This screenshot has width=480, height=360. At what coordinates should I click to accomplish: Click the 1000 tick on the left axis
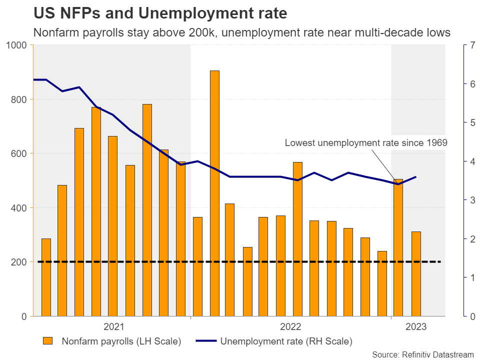[x=18, y=45]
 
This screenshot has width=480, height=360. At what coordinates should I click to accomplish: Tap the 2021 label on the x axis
[x=114, y=327]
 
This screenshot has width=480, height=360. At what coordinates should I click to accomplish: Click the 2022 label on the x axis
[x=290, y=327]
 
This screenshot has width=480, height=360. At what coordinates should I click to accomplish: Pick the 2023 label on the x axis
[x=416, y=327]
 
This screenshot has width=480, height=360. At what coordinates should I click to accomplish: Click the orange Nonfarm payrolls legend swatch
[x=47, y=341]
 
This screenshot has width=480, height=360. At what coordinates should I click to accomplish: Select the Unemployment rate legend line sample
[x=202, y=341]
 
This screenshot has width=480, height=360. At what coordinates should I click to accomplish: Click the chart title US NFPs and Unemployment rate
[x=160, y=13]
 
